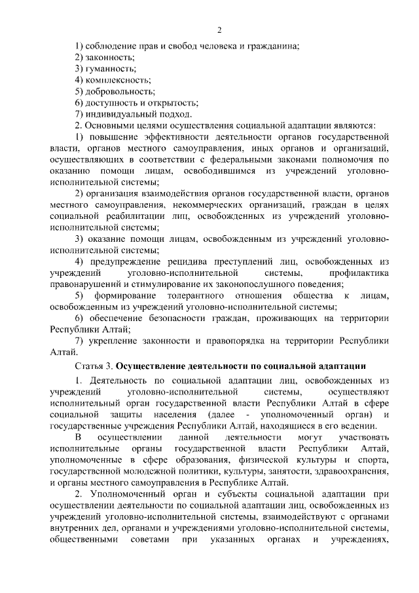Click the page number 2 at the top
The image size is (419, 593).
(x=220, y=29)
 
